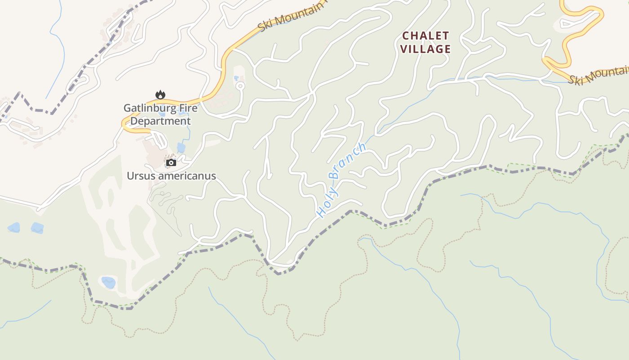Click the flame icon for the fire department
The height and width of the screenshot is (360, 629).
click(x=160, y=94)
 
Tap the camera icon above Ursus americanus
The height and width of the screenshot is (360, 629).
click(x=171, y=162)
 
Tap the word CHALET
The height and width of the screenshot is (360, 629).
click(x=425, y=36)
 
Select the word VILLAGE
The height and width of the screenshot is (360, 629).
click(x=425, y=49)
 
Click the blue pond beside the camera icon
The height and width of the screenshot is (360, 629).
click(x=181, y=148)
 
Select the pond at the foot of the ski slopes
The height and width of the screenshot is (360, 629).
click(x=108, y=283)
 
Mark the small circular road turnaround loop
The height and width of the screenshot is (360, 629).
click(x=240, y=85)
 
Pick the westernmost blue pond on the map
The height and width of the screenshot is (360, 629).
click(x=13, y=227)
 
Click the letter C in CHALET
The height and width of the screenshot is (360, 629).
click(x=406, y=36)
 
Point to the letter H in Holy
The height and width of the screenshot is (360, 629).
click(x=321, y=212)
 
